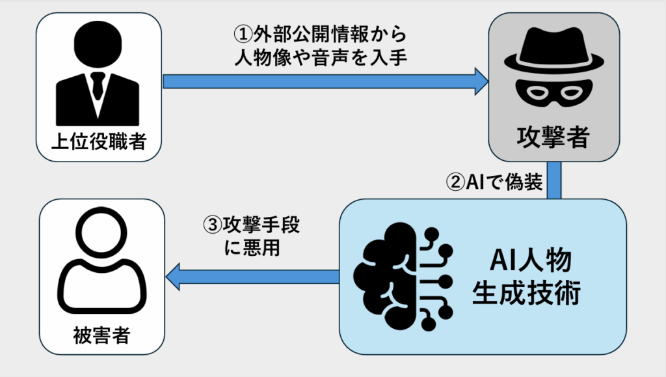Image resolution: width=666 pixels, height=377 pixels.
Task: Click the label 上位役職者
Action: (x=98, y=139)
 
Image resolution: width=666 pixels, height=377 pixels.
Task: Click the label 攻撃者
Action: (x=553, y=138)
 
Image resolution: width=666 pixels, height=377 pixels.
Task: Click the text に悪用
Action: (x=251, y=248)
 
